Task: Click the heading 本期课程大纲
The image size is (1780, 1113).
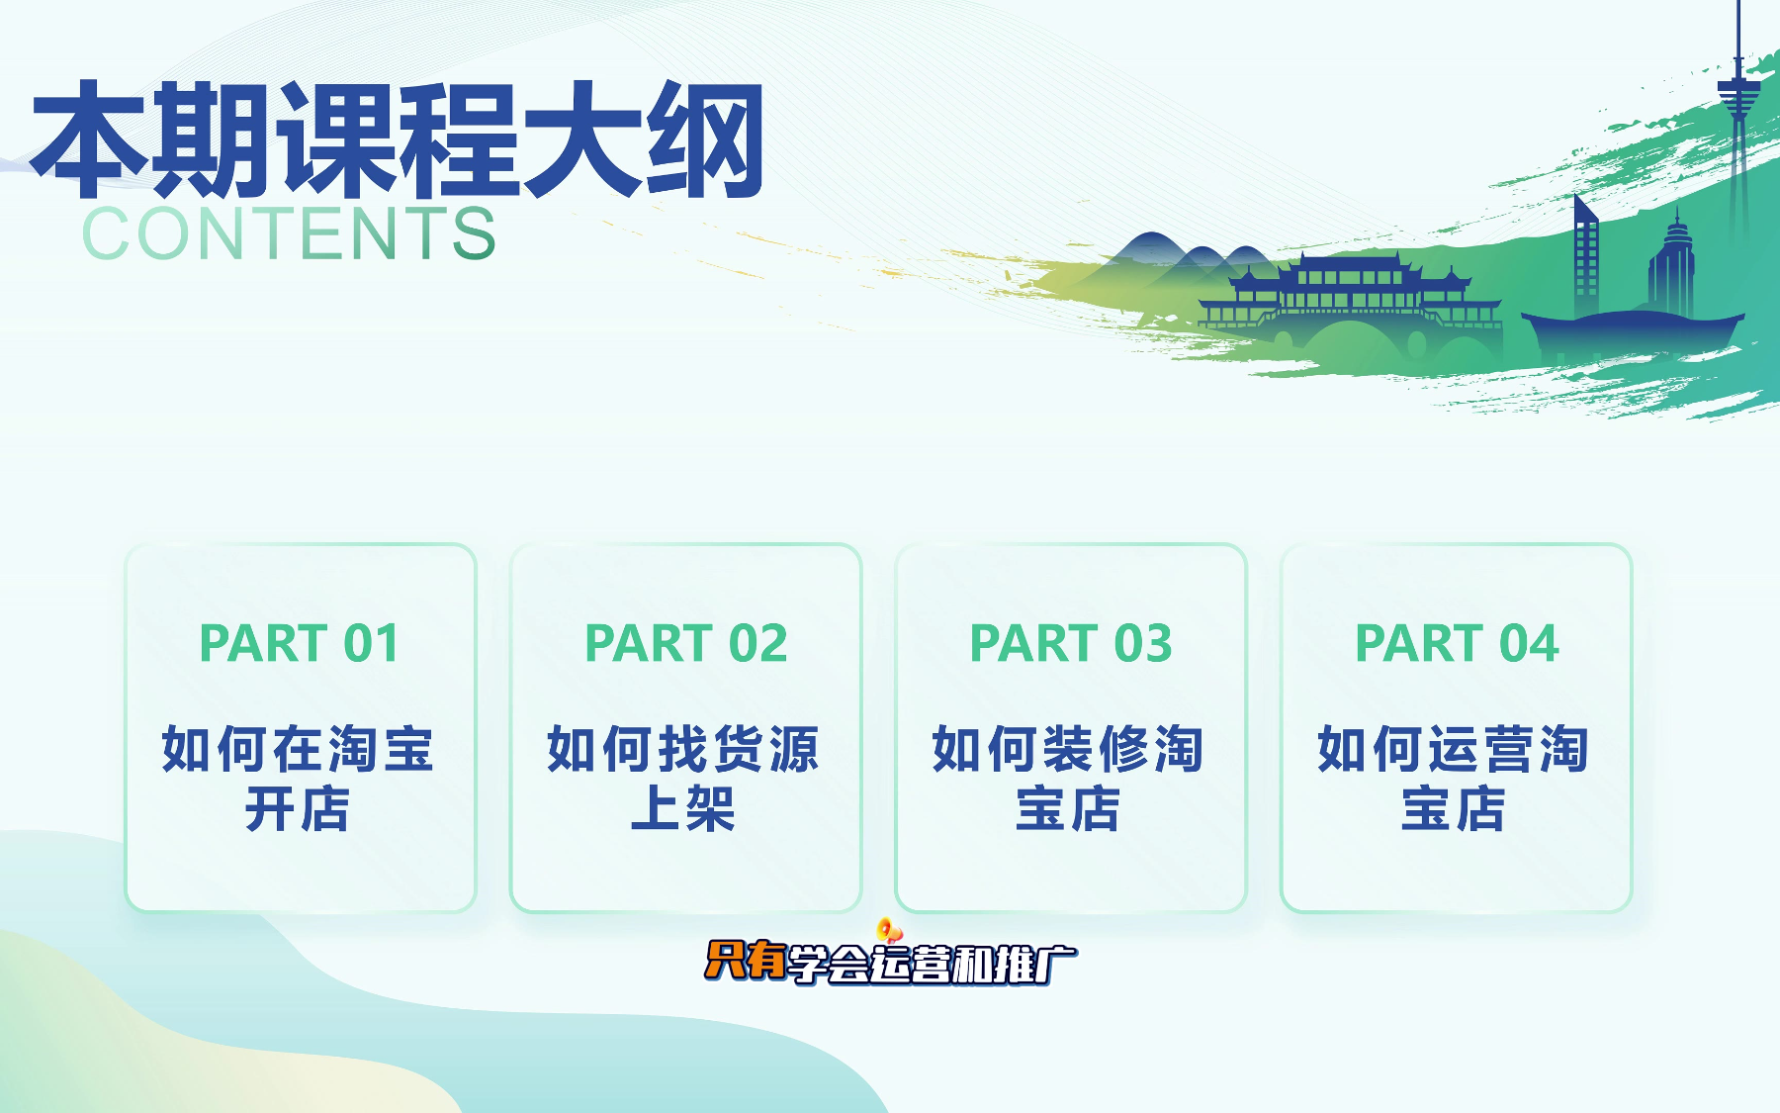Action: coord(398,140)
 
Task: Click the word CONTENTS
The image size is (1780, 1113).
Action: coord(289,234)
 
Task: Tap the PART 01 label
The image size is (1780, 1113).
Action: coord(300,643)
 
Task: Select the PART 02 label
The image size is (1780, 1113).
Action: coord(686,643)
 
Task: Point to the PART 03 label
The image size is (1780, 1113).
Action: coord(1071,643)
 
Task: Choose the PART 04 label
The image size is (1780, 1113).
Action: coord(1457,643)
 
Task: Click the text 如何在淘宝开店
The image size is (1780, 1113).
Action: coord(298,779)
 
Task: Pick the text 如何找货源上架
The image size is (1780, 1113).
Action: coord(683,779)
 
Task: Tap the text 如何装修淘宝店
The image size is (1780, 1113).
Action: coord(1068,779)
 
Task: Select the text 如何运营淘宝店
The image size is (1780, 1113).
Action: coord(1453,779)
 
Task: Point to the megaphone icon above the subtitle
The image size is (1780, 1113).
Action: coord(888,930)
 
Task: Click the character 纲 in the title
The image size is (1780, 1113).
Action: coord(705,140)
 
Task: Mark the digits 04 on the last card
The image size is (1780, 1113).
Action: coord(1529,643)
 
